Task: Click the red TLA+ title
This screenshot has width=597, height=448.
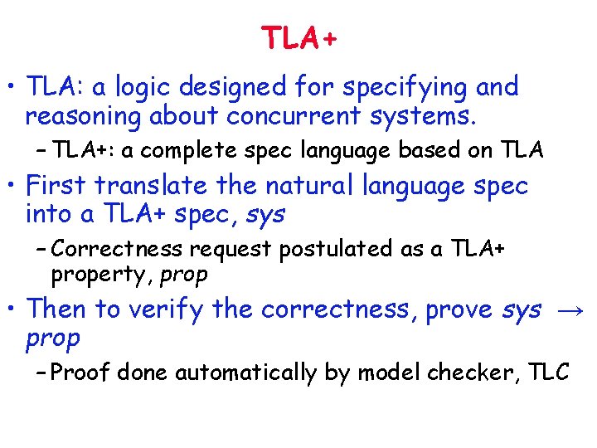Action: [x=299, y=38]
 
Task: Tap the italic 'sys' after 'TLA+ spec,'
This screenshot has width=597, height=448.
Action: [x=265, y=215]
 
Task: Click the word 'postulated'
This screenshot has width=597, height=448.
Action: [x=342, y=249]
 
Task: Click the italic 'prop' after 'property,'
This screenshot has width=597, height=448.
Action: [x=184, y=274]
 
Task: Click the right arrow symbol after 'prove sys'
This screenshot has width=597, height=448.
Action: [x=568, y=309]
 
